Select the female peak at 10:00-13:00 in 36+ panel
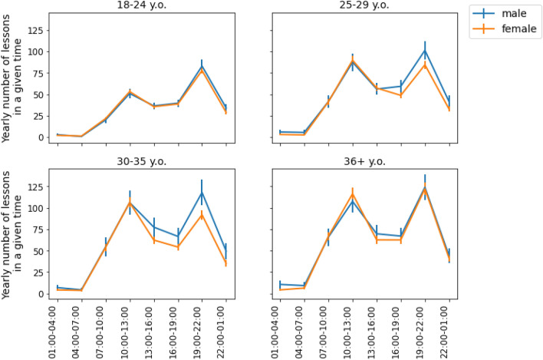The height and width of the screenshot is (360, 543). point(352,194)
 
